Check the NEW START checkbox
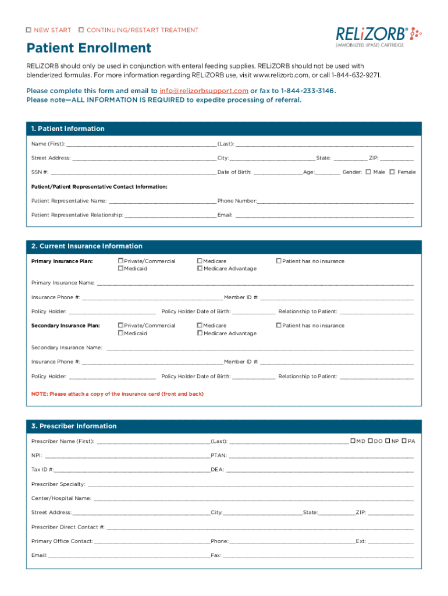(x=29, y=30)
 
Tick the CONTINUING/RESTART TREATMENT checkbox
(x=81, y=30)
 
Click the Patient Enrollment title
(x=88, y=48)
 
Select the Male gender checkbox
(x=368, y=172)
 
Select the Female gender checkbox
(x=392, y=172)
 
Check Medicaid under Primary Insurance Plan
(x=120, y=268)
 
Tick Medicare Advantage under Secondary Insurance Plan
(x=200, y=333)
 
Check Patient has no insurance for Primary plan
(x=279, y=261)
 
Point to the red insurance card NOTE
(x=118, y=394)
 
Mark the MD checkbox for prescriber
(x=353, y=441)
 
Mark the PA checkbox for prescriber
(x=404, y=441)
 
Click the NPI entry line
(x=127, y=456)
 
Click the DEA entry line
(x=319, y=470)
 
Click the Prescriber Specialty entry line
(x=250, y=484)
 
